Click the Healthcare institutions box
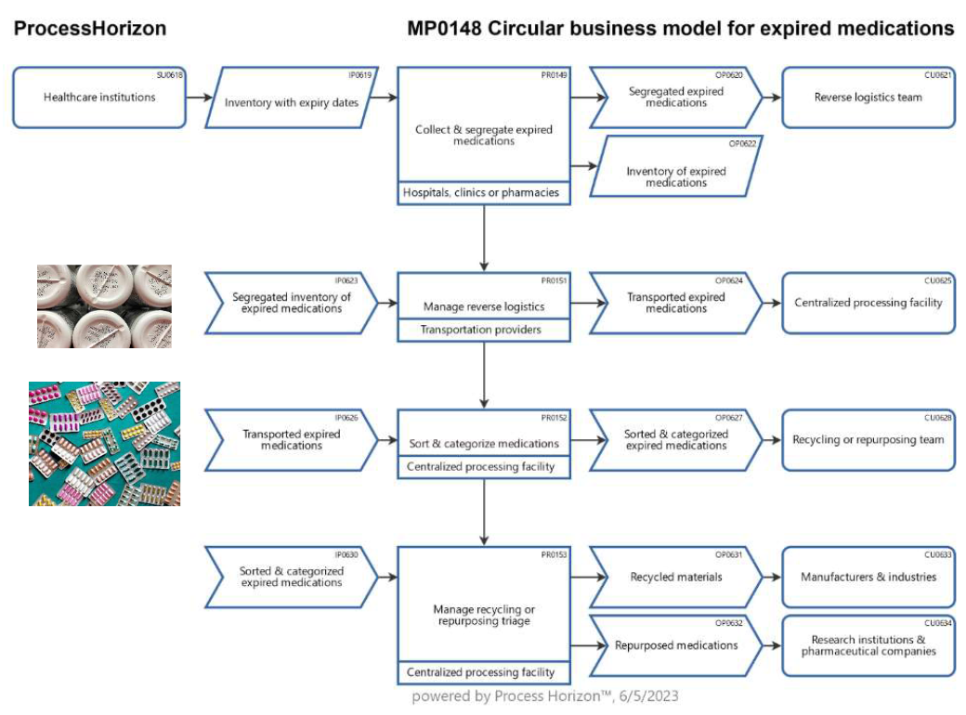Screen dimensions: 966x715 click(x=99, y=97)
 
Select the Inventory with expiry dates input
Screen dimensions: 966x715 click(x=292, y=97)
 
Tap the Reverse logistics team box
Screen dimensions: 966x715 click(x=868, y=97)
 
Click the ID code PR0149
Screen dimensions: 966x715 click(x=554, y=75)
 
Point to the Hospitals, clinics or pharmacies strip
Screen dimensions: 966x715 click(x=484, y=193)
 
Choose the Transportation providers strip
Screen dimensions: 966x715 click(x=484, y=330)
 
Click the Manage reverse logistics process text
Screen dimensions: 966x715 click(x=484, y=306)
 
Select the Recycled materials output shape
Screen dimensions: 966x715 click(x=676, y=577)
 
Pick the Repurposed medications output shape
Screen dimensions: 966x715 click(x=676, y=645)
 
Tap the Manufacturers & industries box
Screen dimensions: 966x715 click(x=868, y=577)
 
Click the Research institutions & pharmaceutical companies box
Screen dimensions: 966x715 click(x=868, y=645)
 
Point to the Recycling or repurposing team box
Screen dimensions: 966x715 click(x=868, y=440)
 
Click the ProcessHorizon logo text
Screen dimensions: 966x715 click(x=90, y=29)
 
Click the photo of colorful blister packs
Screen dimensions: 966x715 click(x=104, y=444)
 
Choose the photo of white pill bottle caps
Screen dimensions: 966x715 click(x=104, y=306)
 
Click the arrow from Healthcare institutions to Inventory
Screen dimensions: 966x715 click(x=199, y=97)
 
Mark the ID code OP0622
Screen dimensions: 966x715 click(x=742, y=144)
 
